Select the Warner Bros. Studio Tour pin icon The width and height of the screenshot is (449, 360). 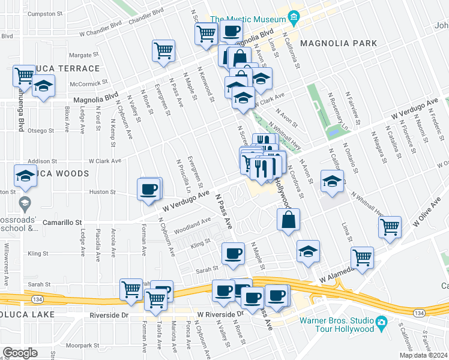[x=381, y=324]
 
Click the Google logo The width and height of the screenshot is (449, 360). [x=20, y=353]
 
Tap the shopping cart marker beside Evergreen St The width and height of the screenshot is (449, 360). [x=163, y=50]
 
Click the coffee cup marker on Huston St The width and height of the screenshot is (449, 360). [x=149, y=189]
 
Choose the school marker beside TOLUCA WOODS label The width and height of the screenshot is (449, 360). [x=25, y=176]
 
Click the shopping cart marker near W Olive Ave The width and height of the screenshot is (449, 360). [x=390, y=227]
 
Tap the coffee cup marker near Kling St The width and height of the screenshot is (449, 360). [x=232, y=253]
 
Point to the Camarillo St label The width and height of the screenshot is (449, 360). [x=62, y=222]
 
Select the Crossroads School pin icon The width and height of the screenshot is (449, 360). [x=25, y=202]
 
